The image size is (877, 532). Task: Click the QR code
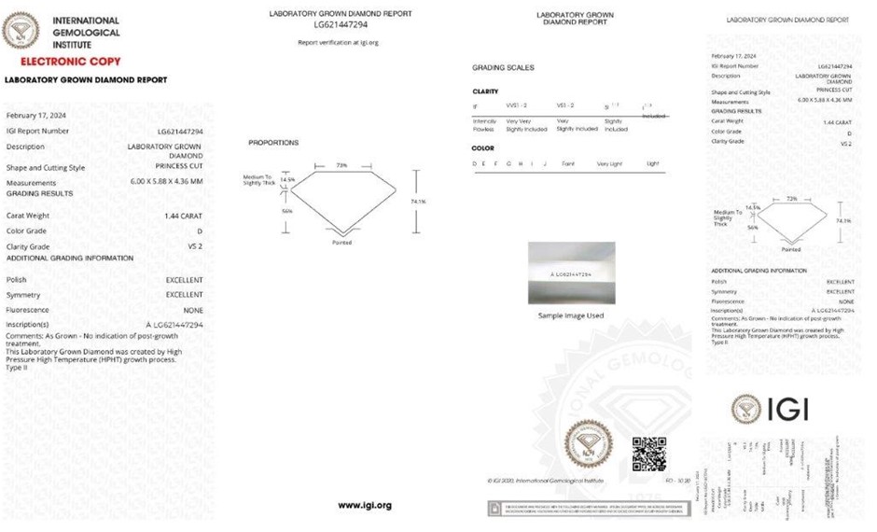click(648, 453)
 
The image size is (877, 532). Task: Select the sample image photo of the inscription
click(571, 273)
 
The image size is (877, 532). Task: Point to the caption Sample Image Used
click(571, 315)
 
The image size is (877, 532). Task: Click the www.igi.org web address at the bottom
click(365, 505)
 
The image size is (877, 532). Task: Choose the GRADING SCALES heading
click(503, 68)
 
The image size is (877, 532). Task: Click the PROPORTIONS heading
click(273, 143)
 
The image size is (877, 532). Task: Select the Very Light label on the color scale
click(610, 163)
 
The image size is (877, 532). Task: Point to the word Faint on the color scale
click(568, 163)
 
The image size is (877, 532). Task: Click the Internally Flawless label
click(485, 125)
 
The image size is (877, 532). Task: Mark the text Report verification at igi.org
click(338, 43)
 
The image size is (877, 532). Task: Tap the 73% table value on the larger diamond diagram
click(341, 165)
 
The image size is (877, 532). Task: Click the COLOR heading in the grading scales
click(483, 147)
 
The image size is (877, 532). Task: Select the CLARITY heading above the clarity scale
click(486, 91)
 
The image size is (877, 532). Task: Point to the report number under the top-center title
click(340, 25)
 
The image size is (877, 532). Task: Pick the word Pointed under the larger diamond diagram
click(341, 243)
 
